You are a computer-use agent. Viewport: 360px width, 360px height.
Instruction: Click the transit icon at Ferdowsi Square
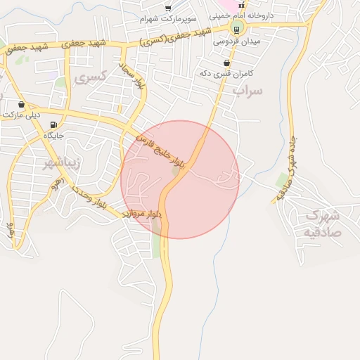pos(236,29)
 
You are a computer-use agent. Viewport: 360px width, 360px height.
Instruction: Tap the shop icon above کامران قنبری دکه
pos(226,63)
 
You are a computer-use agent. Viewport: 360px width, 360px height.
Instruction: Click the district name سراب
pos(250,91)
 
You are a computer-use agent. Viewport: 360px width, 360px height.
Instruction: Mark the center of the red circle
pos(180,179)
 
